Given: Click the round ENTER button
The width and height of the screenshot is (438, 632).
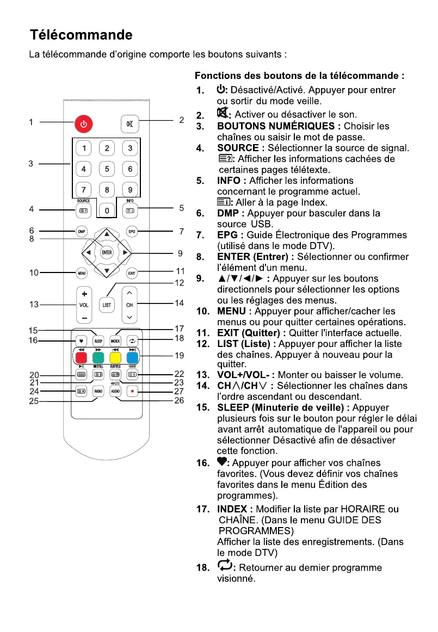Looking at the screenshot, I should tap(107, 252).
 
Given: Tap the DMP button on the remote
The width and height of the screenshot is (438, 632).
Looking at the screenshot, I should tap(82, 231).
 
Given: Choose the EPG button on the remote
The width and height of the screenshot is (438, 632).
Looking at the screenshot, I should tap(131, 231).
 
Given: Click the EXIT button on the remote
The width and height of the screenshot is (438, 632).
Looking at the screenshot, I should tap(131, 272).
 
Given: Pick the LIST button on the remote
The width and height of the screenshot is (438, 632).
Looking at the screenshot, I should tap(107, 305).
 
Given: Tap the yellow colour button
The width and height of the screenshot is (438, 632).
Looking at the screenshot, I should tap(115, 358).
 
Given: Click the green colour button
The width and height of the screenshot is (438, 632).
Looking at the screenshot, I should tap(98, 358).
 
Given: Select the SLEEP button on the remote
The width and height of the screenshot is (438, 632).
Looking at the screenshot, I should tap(98, 341).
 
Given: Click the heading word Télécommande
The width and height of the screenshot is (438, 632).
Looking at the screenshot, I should tap(81, 35).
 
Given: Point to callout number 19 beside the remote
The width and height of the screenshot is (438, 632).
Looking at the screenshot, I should tap(180, 356).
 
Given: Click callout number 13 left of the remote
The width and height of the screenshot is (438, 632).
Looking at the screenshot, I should tap(34, 305).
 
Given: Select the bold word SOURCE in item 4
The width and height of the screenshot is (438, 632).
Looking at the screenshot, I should tap(237, 148).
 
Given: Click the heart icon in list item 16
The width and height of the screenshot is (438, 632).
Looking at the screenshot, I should tap(221, 462).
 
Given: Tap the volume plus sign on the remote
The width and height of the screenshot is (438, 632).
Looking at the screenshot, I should tap(84, 294).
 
